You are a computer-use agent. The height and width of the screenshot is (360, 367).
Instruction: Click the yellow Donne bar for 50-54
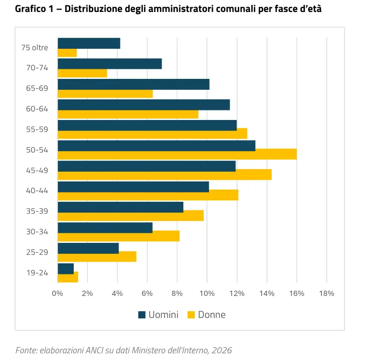[x=177, y=154]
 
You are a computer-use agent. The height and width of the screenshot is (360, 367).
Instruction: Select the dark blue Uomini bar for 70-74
[x=110, y=64]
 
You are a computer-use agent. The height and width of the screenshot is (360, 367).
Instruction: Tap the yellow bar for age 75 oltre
[x=67, y=53]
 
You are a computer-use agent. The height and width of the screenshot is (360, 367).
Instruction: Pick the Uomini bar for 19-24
[x=66, y=269]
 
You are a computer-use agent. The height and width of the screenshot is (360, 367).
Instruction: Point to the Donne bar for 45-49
[x=165, y=175]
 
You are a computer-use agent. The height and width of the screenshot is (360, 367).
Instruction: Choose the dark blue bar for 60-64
[x=144, y=105]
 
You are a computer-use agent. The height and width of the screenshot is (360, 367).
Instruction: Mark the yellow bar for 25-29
[x=97, y=257]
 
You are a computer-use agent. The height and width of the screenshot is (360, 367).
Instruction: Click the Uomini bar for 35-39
[x=121, y=207]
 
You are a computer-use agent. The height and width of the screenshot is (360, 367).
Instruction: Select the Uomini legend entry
[x=158, y=315]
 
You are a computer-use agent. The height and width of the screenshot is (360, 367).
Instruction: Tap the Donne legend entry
[x=206, y=315]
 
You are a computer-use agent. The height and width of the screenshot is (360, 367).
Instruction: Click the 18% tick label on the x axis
[x=326, y=293]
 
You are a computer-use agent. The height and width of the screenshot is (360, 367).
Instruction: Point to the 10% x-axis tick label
[x=207, y=293]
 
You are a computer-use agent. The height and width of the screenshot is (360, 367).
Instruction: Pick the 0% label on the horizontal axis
[x=57, y=293]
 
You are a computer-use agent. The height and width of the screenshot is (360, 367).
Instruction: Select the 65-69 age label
[x=37, y=88]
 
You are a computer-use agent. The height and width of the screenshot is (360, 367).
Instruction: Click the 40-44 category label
[x=37, y=191]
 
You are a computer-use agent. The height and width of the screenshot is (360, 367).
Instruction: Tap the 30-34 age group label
[x=37, y=233]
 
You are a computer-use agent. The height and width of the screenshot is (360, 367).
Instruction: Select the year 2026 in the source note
[x=222, y=350]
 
